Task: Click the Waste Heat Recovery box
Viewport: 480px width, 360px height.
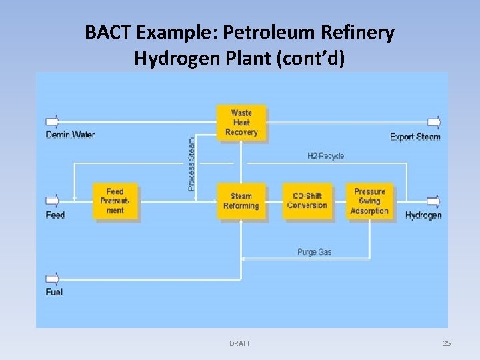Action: point(241,123)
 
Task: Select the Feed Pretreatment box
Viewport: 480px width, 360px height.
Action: point(115,201)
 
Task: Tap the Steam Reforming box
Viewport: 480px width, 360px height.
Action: point(241,201)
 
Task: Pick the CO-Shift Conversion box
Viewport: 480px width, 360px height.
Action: point(307,201)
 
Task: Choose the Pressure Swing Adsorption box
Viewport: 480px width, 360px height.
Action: point(369,201)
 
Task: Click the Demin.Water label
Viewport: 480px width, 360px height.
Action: point(70,135)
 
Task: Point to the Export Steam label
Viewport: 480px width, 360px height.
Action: point(415,137)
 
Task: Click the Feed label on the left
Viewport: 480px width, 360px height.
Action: point(55,215)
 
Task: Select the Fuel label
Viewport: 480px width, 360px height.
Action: point(54,292)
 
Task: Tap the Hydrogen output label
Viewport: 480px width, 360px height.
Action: point(423,215)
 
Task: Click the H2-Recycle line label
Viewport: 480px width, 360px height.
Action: point(325,156)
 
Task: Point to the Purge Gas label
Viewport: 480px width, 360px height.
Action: point(314,252)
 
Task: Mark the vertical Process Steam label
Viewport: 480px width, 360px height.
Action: point(192,164)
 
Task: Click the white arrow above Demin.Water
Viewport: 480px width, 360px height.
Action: point(53,122)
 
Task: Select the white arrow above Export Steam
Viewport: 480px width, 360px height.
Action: point(434,122)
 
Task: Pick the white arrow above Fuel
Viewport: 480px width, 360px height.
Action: point(53,279)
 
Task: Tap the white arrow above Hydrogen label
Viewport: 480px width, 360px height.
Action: point(434,201)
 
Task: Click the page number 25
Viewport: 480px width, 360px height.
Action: point(447,343)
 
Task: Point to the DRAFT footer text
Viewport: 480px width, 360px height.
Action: point(239,343)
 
